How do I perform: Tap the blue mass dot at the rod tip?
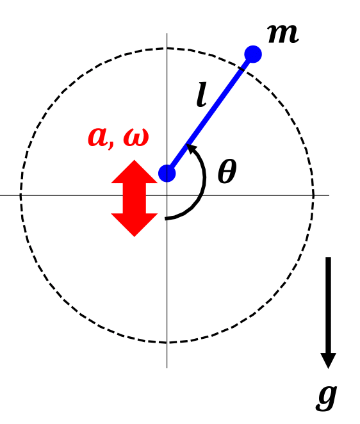point(253,54)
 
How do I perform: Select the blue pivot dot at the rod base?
point(167,173)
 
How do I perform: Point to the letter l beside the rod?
point(202,95)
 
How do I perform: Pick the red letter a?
point(98,136)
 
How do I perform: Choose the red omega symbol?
point(135,137)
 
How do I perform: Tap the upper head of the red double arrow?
point(135,173)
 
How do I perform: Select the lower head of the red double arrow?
point(135,224)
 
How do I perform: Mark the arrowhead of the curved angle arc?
point(191,151)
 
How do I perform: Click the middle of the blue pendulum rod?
point(210,113)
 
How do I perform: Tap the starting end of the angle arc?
point(167,218)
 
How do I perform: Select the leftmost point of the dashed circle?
point(20,195)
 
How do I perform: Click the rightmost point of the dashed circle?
point(314,195)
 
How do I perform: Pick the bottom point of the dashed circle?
point(167,343)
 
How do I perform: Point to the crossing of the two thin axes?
point(167,195)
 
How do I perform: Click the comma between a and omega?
point(115,145)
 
